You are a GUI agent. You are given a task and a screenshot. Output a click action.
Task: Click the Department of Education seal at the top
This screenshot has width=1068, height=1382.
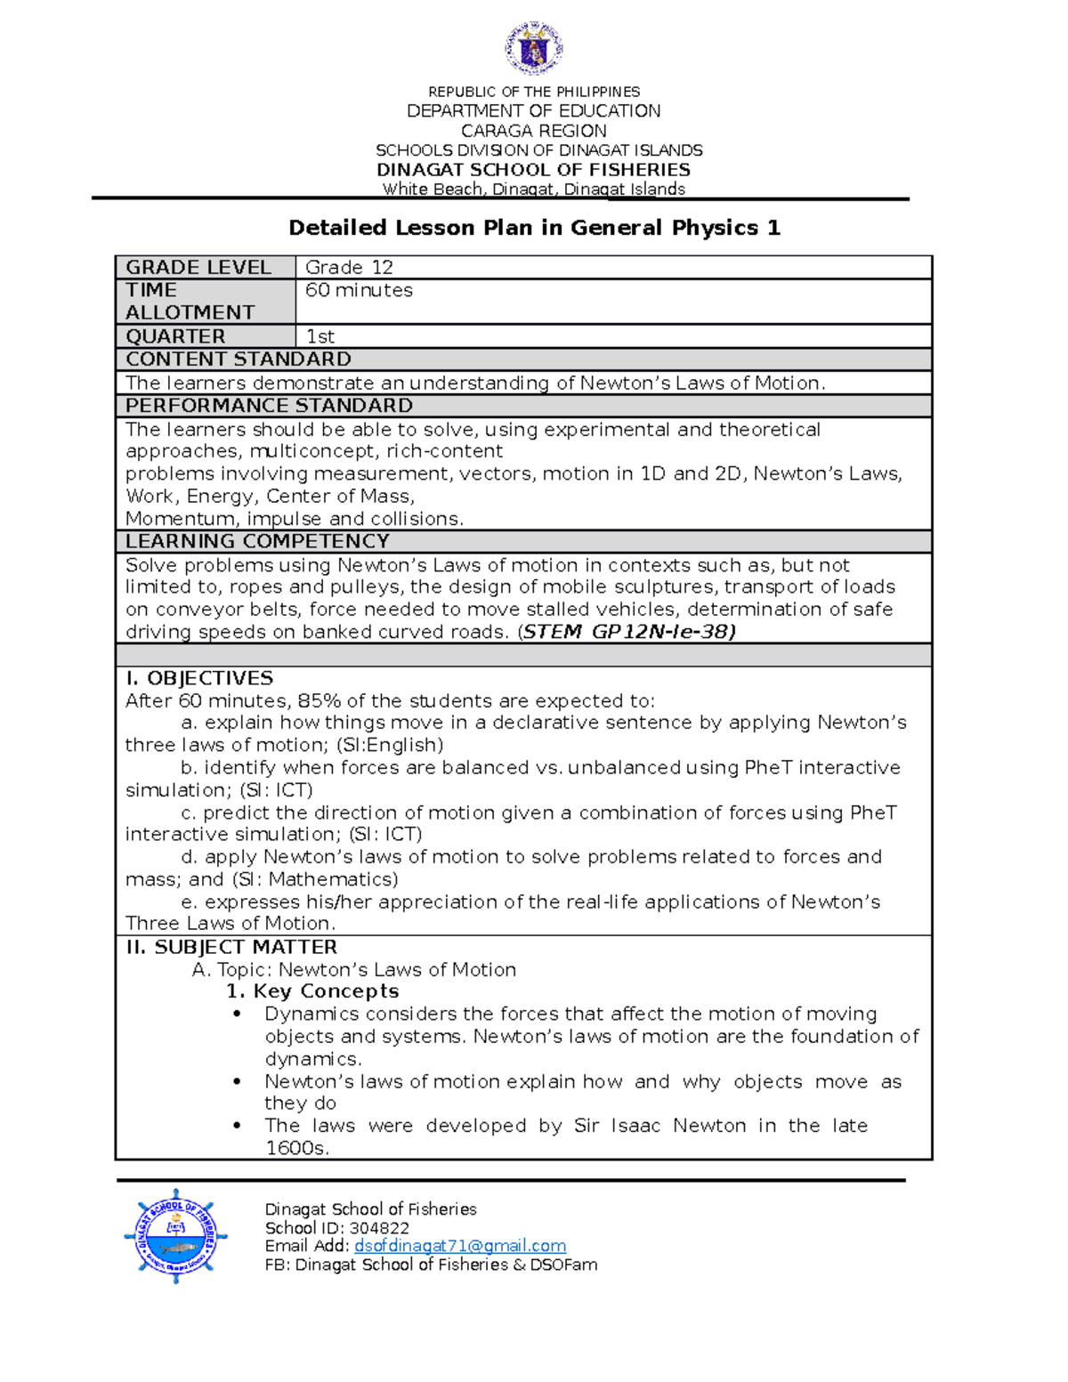tap(534, 48)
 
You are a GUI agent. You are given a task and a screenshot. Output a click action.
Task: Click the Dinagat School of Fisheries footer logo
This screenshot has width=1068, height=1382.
tap(175, 1236)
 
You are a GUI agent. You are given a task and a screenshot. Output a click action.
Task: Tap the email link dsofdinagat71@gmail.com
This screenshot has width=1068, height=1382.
tap(460, 1246)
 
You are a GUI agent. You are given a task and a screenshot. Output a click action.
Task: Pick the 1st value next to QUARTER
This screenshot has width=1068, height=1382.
tap(320, 336)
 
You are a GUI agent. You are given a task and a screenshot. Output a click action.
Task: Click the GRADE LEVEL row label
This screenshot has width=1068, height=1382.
tap(198, 267)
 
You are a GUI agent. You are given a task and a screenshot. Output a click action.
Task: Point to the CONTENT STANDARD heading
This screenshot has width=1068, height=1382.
tap(239, 359)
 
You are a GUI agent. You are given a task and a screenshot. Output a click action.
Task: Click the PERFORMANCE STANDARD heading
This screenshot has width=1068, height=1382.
tap(269, 406)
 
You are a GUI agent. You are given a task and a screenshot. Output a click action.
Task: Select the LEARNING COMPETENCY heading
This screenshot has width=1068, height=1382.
tap(257, 541)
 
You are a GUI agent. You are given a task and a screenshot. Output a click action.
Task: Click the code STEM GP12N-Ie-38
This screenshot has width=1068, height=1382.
tap(628, 632)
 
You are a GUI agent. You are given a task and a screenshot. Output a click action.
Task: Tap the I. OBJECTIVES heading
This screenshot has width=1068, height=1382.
tap(199, 678)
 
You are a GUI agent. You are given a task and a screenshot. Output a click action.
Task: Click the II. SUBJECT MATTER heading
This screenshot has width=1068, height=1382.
tap(231, 947)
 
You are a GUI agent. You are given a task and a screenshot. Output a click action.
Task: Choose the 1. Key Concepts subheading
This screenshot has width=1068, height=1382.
tap(312, 991)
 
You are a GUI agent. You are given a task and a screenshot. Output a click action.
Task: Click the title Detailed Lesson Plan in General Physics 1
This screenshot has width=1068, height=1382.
tap(534, 228)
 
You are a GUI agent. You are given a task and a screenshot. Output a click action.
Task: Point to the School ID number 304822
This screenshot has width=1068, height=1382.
tap(379, 1228)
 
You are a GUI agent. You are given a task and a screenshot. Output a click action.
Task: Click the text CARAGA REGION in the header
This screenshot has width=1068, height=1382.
tap(534, 131)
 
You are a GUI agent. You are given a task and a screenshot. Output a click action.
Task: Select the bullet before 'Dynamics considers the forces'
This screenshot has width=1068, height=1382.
tap(237, 1014)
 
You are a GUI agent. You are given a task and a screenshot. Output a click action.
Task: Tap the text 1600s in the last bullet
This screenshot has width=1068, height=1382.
tap(296, 1148)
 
